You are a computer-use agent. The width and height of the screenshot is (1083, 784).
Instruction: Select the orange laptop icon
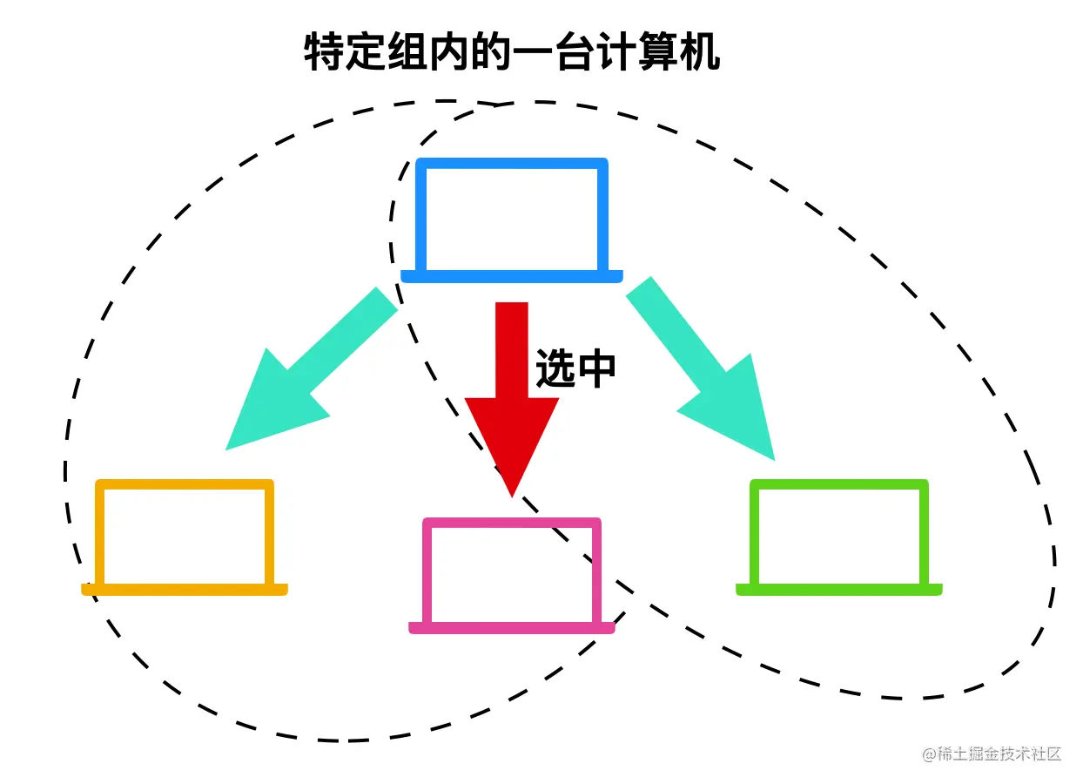coord(185,537)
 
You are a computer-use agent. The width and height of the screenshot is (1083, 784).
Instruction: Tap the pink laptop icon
coord(512,575)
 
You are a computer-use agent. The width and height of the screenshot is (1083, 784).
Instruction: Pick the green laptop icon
coord(839,537)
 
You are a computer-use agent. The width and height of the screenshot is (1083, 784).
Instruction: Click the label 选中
coord(575,368)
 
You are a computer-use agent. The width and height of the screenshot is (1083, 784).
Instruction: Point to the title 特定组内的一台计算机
coord(512,52)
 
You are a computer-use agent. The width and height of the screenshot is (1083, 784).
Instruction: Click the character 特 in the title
coord(324,52)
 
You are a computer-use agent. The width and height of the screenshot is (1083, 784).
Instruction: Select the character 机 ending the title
coord(701,52)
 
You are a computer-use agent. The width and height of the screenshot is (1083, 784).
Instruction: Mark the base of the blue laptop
coord(512,276)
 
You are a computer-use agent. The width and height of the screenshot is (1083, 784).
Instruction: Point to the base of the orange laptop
coord(185,590)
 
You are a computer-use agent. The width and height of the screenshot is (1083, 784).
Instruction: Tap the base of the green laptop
coord(839,590)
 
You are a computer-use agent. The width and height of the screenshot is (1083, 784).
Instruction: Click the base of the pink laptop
coord(512,627)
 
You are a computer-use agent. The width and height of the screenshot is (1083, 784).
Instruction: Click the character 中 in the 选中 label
coord(597,368)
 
